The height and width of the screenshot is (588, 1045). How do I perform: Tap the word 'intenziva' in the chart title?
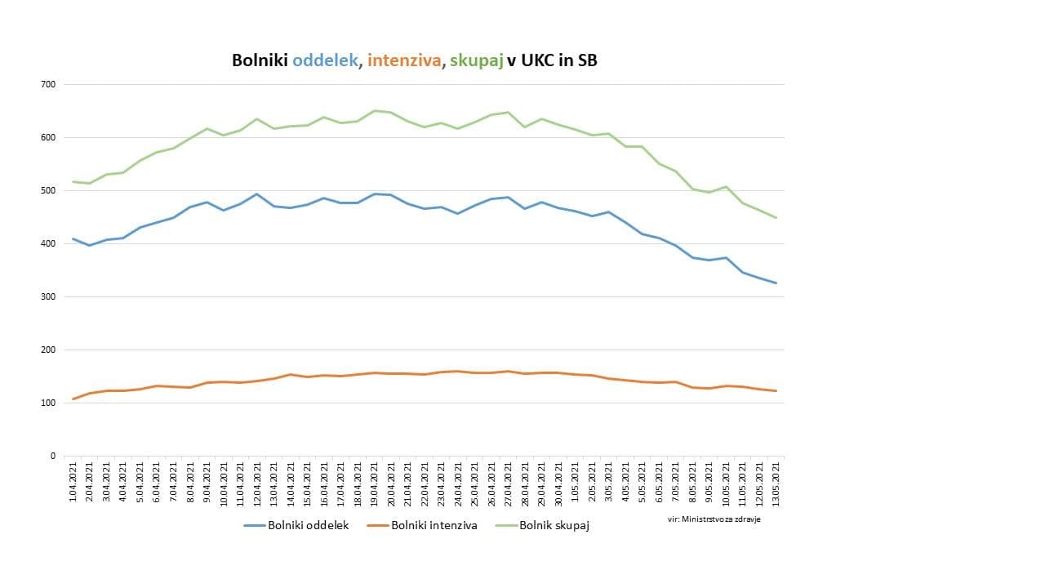pyautogui.click(x=403, y=60)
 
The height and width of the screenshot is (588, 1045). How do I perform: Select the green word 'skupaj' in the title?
pyautogui.click(x=477, y=60)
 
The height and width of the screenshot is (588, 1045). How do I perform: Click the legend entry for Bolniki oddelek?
pyautogui.click(x=297, y=525)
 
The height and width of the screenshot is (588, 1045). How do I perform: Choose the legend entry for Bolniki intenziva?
pyautogui.click(x=422, y=525)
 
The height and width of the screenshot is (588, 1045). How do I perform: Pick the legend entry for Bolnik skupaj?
pyautogui.click(x=542, y=525)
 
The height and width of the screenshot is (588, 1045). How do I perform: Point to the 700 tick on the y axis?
pyautogui.click(x=47, y=84)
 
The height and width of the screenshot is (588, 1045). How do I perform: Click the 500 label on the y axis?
pyautogui.click(x=47, y=190)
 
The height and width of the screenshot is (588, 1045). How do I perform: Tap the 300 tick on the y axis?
pyautogui.click(x=47, y=296)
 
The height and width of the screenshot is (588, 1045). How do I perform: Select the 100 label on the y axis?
pyautogui.click(x=47, y=403)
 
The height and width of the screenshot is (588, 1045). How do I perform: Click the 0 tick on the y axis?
pyautogui.click(x=52, y=456)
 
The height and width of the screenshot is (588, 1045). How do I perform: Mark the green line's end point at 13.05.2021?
pyautogui.click(x=776, y=218)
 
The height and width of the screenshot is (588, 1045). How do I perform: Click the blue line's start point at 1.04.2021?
pyautogui.click(x=73, y=238)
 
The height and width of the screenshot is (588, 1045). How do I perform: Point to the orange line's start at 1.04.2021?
pyautogui.click(x=73, y=399)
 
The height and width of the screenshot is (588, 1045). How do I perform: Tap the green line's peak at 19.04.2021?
pyautogui.click(x=374, y=110)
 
